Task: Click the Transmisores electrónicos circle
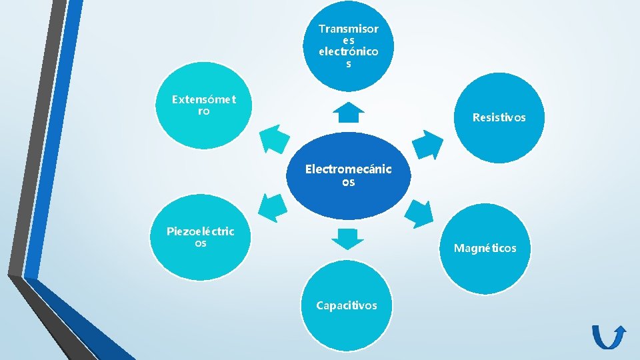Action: pyautogui.click(x=348, y=47)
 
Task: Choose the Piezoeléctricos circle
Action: pyautogui.click(x=201, y=238)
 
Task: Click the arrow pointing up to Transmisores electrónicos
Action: pyautogui.click(x=348, y=113)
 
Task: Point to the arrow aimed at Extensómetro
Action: pyautogui.click(x=274, y=139)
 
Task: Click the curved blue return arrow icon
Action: pyautogui.click(x=608, y=337)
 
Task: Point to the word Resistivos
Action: pyautogui.click(x=499, y=117)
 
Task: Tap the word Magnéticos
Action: pyautogui.click(x=485, y=248)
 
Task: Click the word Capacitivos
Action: pyautogui.click(x=347, y=305)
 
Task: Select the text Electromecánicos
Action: pyautogui.click(x=348, y=175)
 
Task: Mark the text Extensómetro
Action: pyautogui.click(x=203, y=105)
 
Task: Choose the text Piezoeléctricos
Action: pyautogui.click(x=201, y=237)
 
